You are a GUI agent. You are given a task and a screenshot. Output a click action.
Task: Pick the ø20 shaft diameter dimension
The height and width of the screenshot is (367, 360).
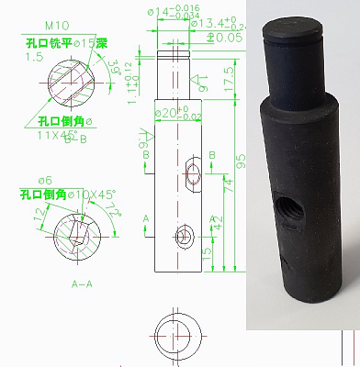pyautogui.click(x=178, y=113)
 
